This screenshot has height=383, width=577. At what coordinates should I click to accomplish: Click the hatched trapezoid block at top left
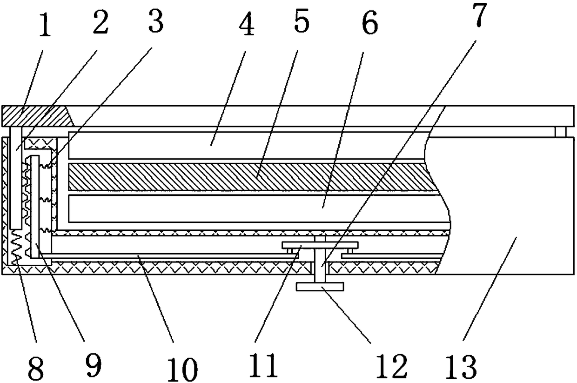point(37,115)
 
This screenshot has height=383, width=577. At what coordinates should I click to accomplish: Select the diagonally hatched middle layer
point(247,177)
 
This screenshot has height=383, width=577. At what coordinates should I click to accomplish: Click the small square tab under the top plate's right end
point(560,133)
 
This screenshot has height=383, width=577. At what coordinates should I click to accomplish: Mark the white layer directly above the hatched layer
point(247,145)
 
